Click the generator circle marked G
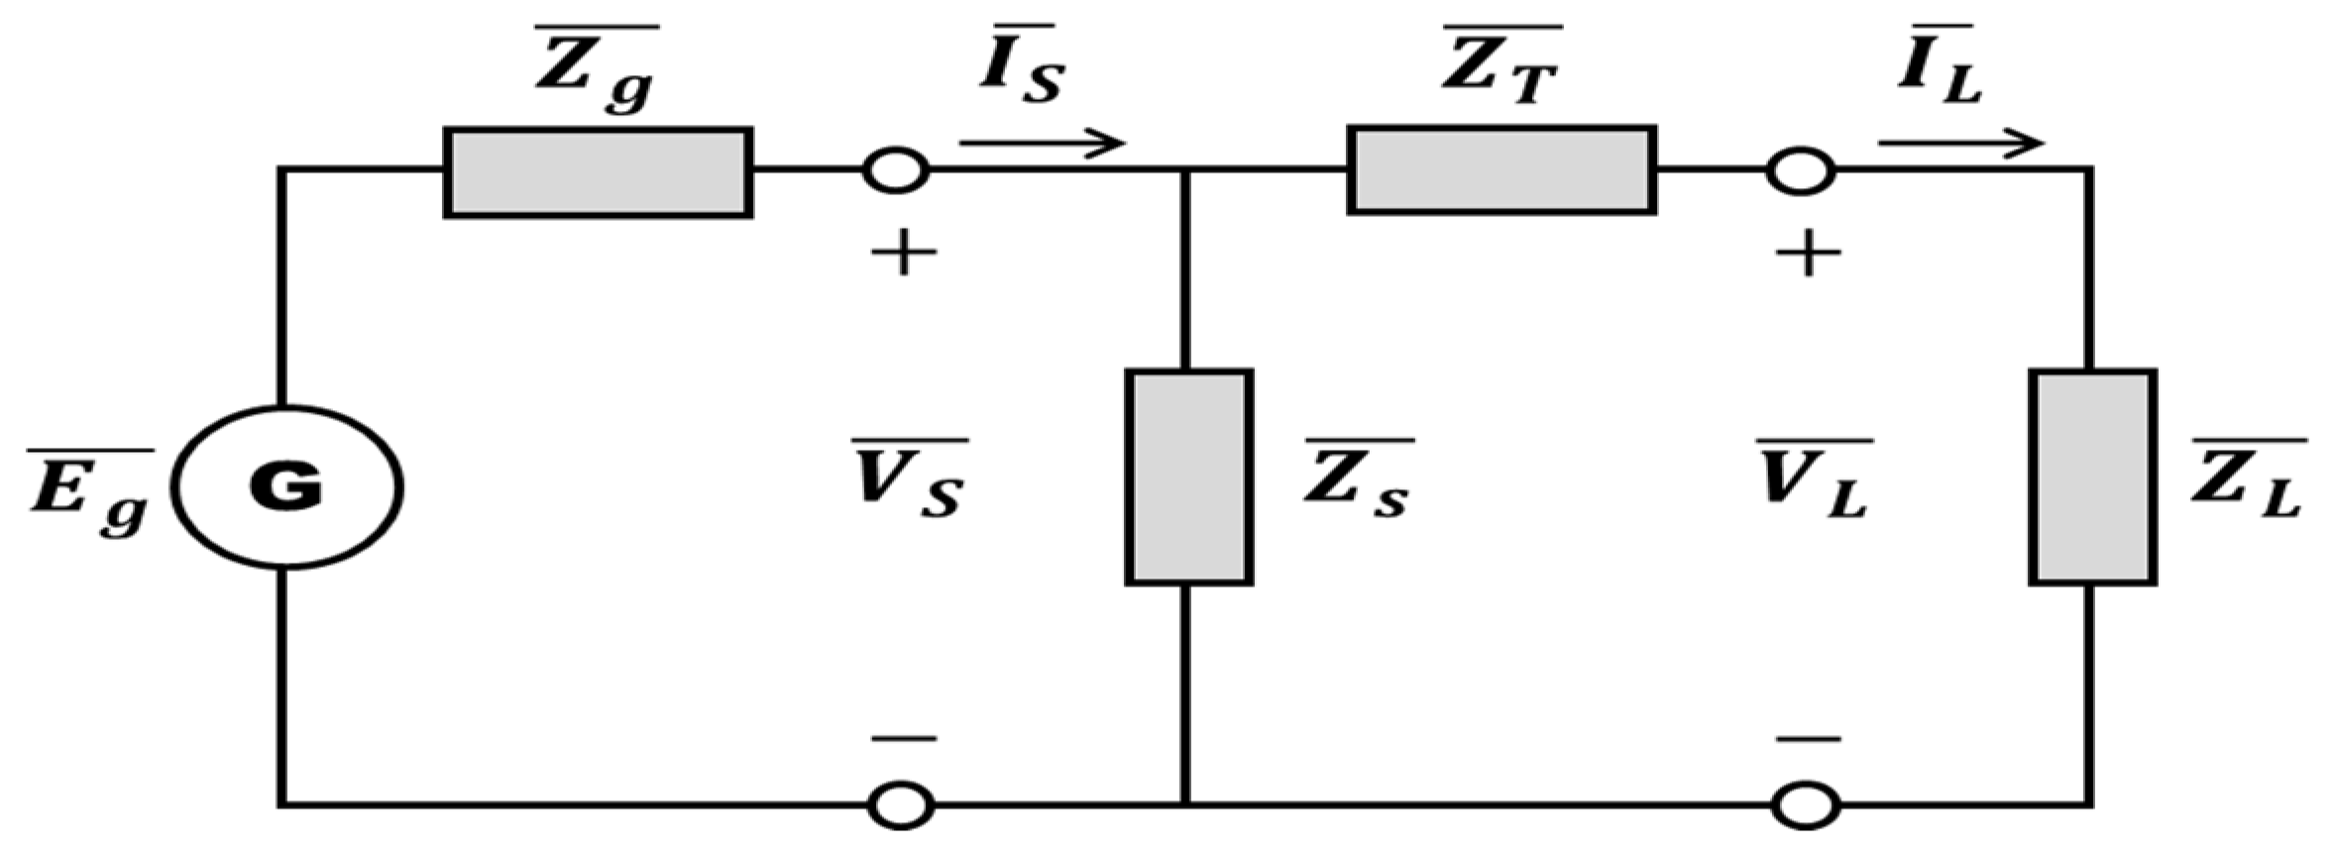[287, 487]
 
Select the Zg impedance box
[598, 172]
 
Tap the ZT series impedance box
[1502, 169]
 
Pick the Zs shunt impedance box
[1188, 478]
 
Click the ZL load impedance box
[2092, 478]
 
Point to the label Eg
[89, 490]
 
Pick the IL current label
[1939, 67]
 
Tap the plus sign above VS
[903, 254]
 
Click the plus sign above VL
[1808, 254]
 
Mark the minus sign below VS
[903, 738]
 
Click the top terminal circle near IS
[896, 170]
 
